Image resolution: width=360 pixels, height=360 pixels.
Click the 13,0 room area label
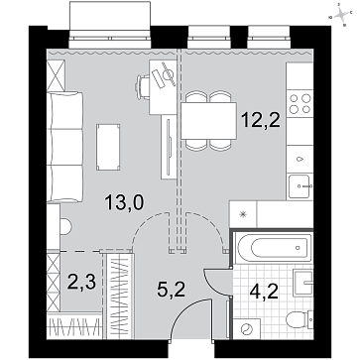point(124,202)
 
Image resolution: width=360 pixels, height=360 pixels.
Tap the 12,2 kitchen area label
point(261,119)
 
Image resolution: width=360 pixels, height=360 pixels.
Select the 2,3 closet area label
point(81,283)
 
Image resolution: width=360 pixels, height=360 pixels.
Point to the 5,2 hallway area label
point(171,290)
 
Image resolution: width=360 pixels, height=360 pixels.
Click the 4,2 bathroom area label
point(264,293)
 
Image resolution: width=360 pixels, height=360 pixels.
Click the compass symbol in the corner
point(341,15)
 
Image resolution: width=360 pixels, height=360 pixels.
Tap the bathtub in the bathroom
point(274,248)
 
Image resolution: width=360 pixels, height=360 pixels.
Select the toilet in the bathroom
point(300,319)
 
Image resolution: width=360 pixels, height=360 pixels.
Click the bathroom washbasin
point(303,283)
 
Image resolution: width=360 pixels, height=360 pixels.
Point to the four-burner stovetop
point(300,103)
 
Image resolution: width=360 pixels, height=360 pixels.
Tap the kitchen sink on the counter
point(300,186)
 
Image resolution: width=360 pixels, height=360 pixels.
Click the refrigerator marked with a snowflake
point(243,214)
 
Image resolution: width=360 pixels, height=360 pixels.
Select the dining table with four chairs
point(208,121)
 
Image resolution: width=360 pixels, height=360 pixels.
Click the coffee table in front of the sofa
point(108,147)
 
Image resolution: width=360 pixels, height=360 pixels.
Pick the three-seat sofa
point(64,147)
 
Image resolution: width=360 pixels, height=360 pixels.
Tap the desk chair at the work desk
point(143,87)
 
